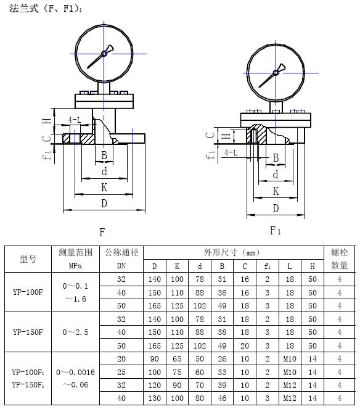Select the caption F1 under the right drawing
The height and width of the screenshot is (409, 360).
tap(275, 231)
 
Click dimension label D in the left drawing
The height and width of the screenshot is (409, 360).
tap(104, 203)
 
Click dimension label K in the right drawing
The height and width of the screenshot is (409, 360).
tap(276, 191)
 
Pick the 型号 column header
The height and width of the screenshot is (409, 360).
tap(28, 259)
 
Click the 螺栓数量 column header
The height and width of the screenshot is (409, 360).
tap(339, 259)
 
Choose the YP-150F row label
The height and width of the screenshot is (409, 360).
tap(28, 332)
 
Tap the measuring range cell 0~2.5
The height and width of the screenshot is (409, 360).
tap(75, 332)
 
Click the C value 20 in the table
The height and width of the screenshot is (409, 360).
tap(244, 345)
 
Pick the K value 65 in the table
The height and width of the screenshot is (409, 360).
tap(177, 358)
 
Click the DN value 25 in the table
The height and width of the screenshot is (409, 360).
tap(121, 371)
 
